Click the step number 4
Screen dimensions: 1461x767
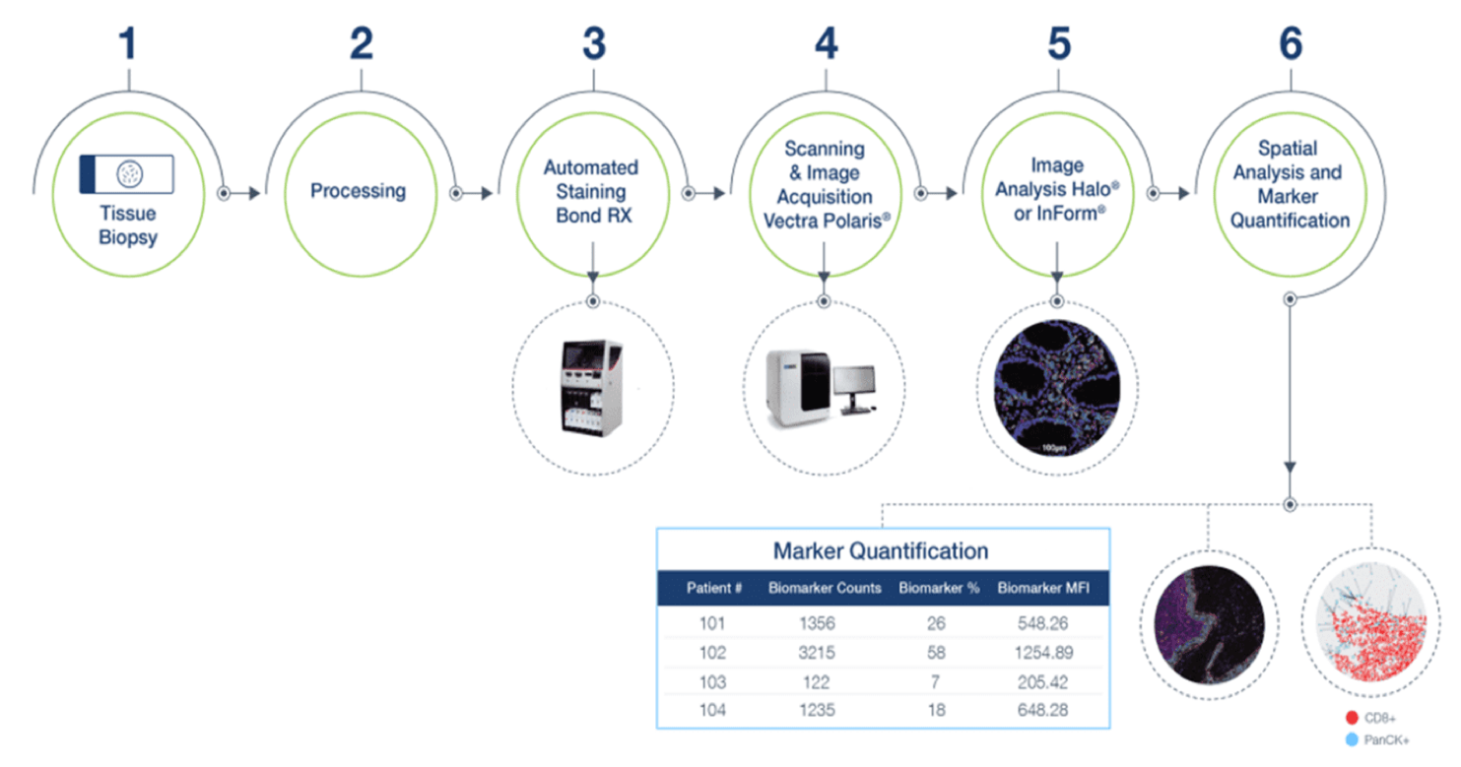(x=826, y=43)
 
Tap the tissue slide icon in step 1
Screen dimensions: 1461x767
(x=126, y=174)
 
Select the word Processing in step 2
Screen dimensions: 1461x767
(x=358, y=191)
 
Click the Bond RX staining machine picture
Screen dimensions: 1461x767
(x=591, y=387)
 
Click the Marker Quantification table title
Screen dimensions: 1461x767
(x=881, y=551)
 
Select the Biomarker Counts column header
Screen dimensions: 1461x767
(x=825, y=588)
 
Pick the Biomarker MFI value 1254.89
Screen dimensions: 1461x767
(x=1043, y=653)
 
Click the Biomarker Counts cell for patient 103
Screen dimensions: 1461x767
(x=816, y=682)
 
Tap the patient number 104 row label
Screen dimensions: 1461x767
(x=712, y=710)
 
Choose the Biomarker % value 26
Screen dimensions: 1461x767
(x=936, y=623)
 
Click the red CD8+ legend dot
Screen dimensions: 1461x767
(x=1352, y=718)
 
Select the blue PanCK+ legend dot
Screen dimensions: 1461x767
(x=1352, y=739)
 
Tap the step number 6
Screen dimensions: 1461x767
(x=1291, y=43)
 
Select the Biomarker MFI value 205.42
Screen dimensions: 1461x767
(x=1043, y=682)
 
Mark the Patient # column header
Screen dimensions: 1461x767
(x=714, y=588)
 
